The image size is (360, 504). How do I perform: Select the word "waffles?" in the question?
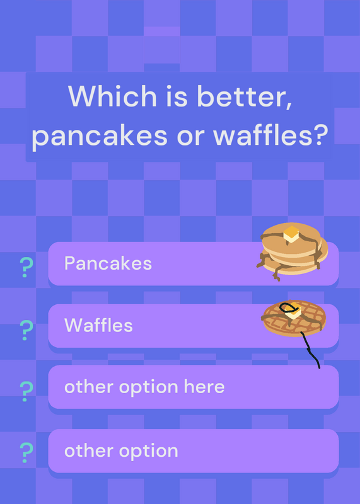click(270, 134)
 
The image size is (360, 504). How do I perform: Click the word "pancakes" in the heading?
click(100, 136)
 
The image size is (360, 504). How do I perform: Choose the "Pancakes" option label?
click(108, 263)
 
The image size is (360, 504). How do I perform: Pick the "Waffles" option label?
click(98, 325)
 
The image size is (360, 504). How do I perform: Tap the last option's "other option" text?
click(121, 451)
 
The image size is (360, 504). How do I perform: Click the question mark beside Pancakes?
click(26, 267)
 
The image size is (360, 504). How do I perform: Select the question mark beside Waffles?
click(26, 330)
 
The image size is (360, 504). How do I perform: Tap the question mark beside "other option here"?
click(26, 391)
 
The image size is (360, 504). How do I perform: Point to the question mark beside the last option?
click(26, 452)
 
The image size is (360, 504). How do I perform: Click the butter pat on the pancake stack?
click(291, 234)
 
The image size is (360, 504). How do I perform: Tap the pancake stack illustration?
click(292, 251)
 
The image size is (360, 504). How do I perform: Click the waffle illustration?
click(294, 318)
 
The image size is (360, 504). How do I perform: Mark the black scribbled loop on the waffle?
click(287, 307)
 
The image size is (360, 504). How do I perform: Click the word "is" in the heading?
click(177, 96)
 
